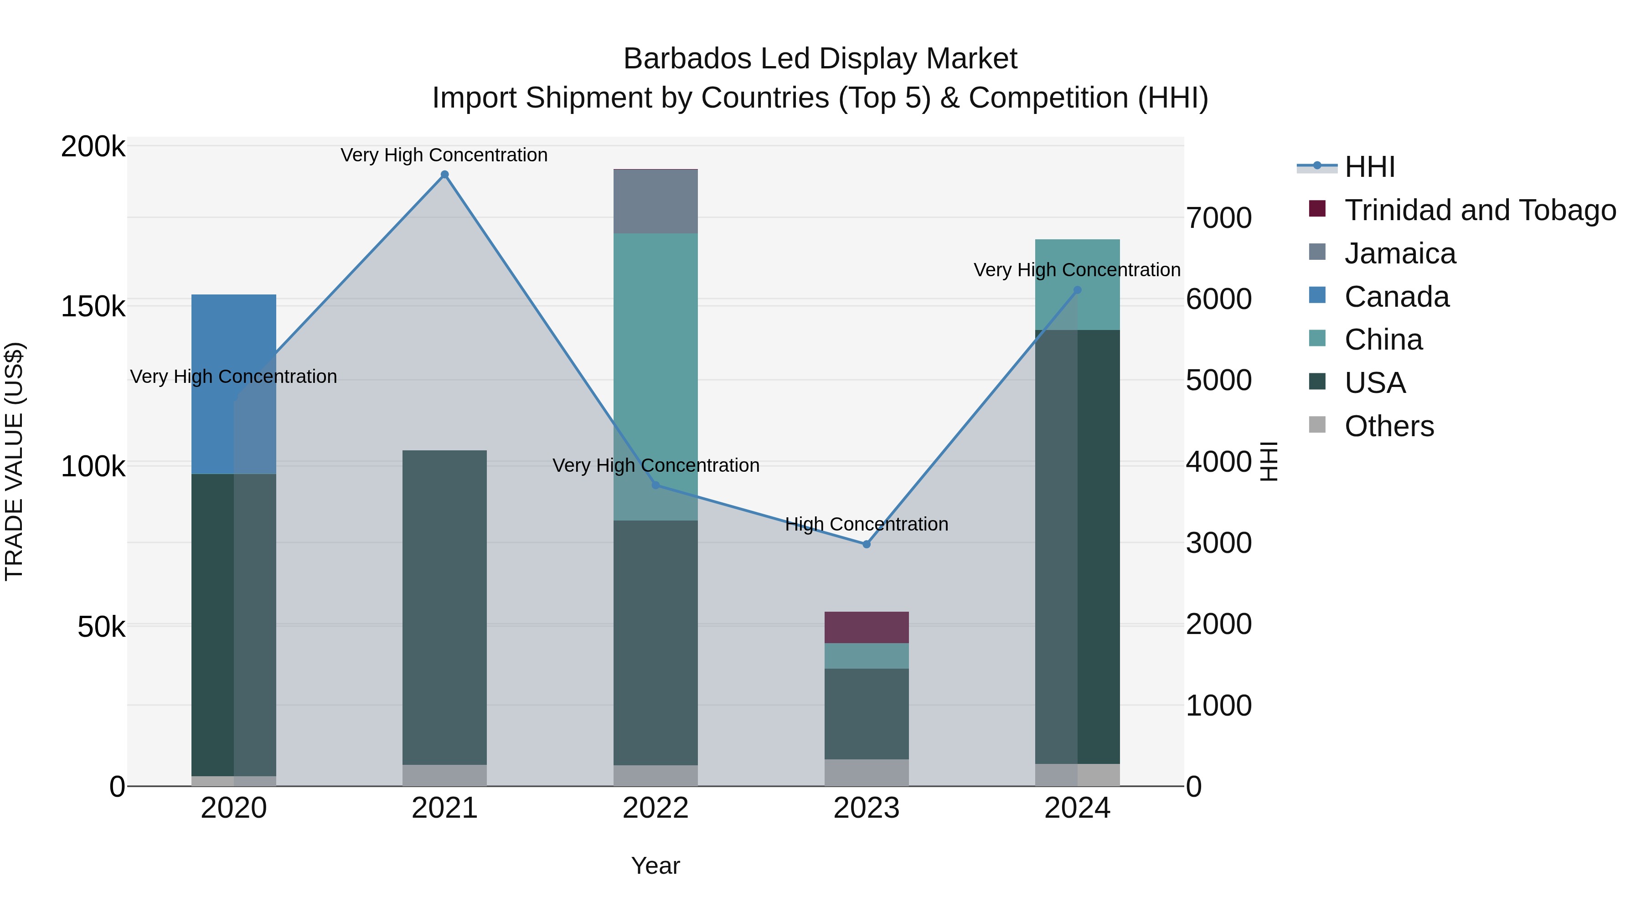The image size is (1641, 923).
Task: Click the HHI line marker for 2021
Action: [x=444, y=175]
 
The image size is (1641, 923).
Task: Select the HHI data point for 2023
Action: [x=867, y=544]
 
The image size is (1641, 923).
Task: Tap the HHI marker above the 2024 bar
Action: [x=1077, y=290]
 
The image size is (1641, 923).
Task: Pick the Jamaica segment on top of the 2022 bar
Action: [x=655, y=201]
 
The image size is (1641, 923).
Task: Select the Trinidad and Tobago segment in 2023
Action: [x=867, y=628]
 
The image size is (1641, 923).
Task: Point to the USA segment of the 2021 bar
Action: [x=444, y=605]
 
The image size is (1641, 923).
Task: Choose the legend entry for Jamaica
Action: [x=1399, y=253]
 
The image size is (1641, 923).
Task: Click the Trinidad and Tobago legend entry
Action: [x=1480, y=210]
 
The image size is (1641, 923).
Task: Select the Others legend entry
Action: [x=1389, y=426]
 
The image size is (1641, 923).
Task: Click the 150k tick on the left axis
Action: [x=93, y=306]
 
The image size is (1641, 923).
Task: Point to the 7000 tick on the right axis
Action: [x=1218, y=218]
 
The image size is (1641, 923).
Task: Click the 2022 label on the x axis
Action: [x=655, y=808]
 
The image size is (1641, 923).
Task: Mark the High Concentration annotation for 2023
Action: [x=867, y=524]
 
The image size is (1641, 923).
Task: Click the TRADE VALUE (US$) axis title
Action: [x=14, y=461]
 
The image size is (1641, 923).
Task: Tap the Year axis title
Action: [x=655, y=866]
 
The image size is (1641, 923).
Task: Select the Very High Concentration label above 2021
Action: [x=444, y=155]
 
